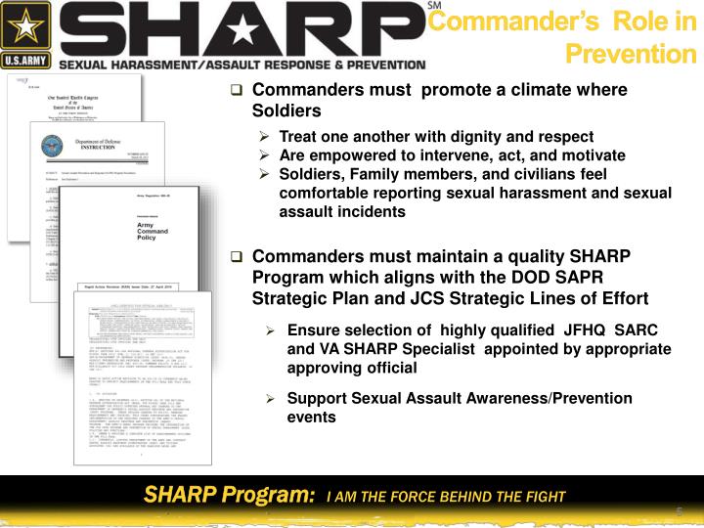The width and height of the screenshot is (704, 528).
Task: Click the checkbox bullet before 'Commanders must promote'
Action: [237, 90]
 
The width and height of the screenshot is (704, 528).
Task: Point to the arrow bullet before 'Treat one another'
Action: [265, 137]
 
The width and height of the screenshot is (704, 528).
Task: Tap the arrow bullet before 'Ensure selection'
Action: [273, 331]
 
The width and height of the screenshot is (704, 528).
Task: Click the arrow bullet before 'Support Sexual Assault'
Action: [273, 399]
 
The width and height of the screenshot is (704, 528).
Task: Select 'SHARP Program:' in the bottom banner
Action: [229, 495]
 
